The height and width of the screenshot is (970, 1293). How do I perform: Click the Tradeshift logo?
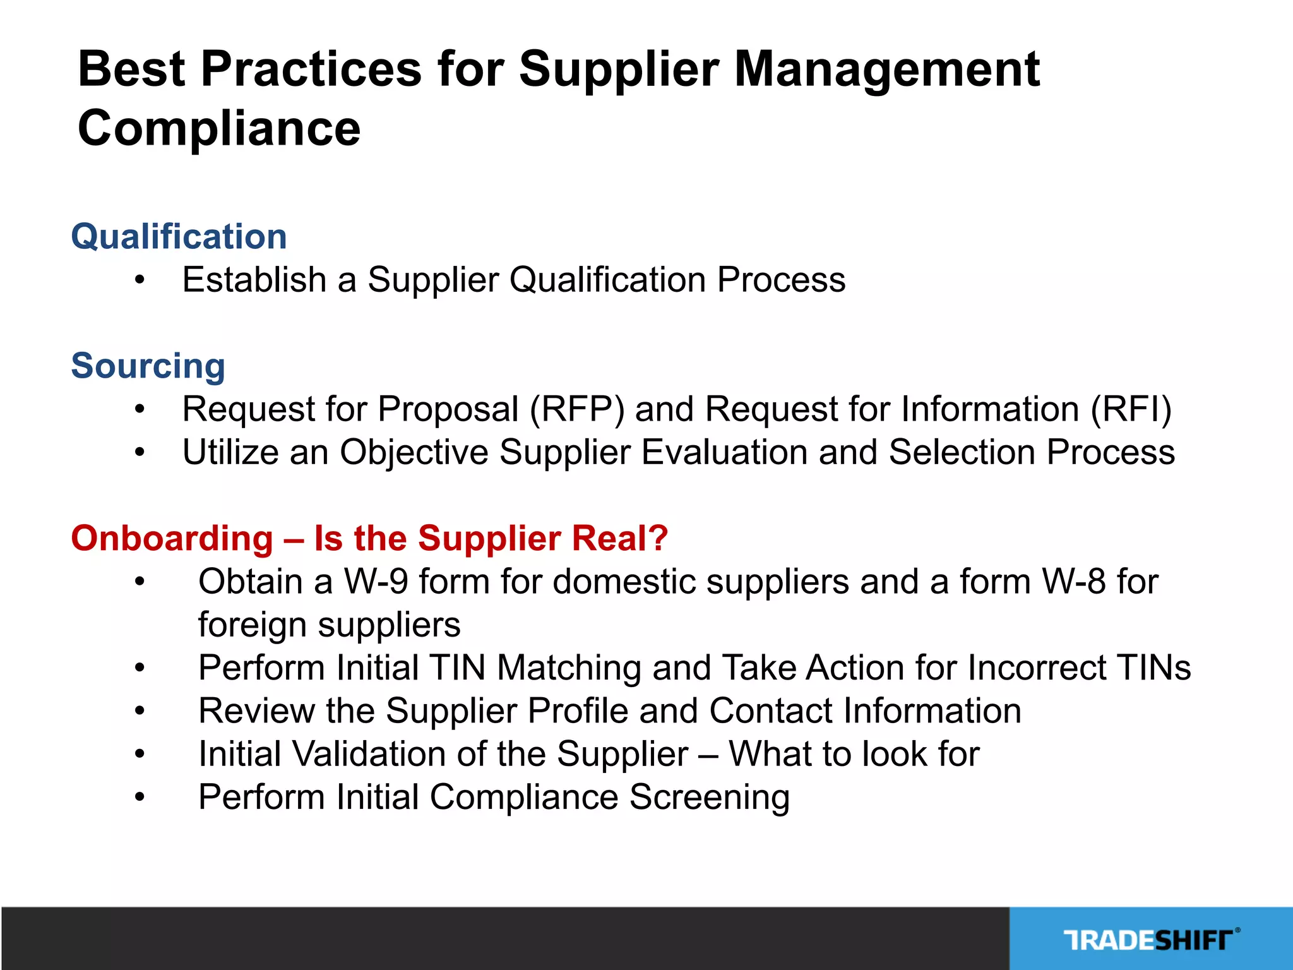coord(1150,940)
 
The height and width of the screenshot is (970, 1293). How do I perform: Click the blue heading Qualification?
coord(179,237)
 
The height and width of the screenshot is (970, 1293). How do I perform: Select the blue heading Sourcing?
coord(148,366)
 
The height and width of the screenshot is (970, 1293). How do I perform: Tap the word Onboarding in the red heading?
coord(172,539)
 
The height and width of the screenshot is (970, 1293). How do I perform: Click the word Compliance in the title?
coord(218,128)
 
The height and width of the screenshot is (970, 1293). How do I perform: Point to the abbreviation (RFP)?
coord(576,409)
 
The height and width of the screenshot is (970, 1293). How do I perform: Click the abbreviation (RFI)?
coord(1130,409)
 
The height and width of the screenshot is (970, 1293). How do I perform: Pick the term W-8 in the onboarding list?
coord(1073,582)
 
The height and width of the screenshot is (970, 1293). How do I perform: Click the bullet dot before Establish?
coord(140,280)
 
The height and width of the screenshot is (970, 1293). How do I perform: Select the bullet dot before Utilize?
coord(140,453)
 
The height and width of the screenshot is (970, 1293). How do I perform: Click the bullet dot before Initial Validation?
coord(140,755)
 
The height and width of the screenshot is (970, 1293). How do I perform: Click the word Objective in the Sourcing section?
coord(414,453)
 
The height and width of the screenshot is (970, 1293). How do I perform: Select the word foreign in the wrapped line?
coord(253,625)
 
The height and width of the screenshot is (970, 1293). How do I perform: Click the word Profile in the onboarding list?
coord(578,711)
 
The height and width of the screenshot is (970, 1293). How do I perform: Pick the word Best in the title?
coord(131,69)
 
